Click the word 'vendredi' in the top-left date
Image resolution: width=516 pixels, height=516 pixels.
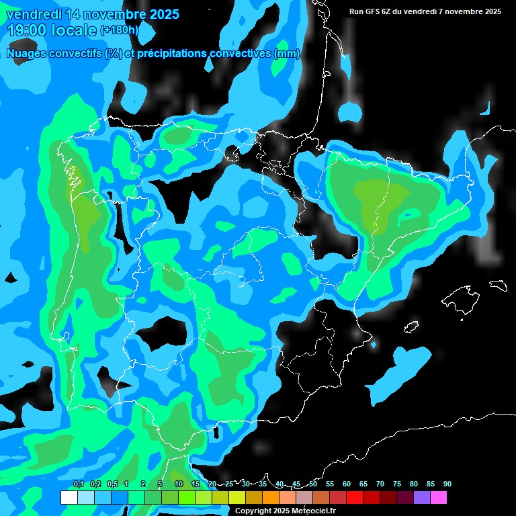(34, 14)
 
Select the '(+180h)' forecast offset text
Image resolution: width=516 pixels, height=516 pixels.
(120, 30)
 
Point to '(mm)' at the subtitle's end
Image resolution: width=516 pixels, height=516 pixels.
(287, 54)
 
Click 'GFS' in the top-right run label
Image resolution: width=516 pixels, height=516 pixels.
(376, 11)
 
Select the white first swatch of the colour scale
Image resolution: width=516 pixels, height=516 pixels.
(69, 498)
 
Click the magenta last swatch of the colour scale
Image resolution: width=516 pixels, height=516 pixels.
(439, 498)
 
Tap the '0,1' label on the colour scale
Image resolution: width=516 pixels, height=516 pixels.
(79, 484)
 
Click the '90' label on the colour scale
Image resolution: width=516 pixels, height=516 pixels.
(447, 484)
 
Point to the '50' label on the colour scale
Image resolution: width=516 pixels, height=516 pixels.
(313, 484)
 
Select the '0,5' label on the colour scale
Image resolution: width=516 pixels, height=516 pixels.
(112, 484)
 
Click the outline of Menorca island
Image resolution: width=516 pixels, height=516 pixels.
(499, 285)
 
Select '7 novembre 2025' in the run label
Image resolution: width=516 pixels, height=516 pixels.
(470, 11)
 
